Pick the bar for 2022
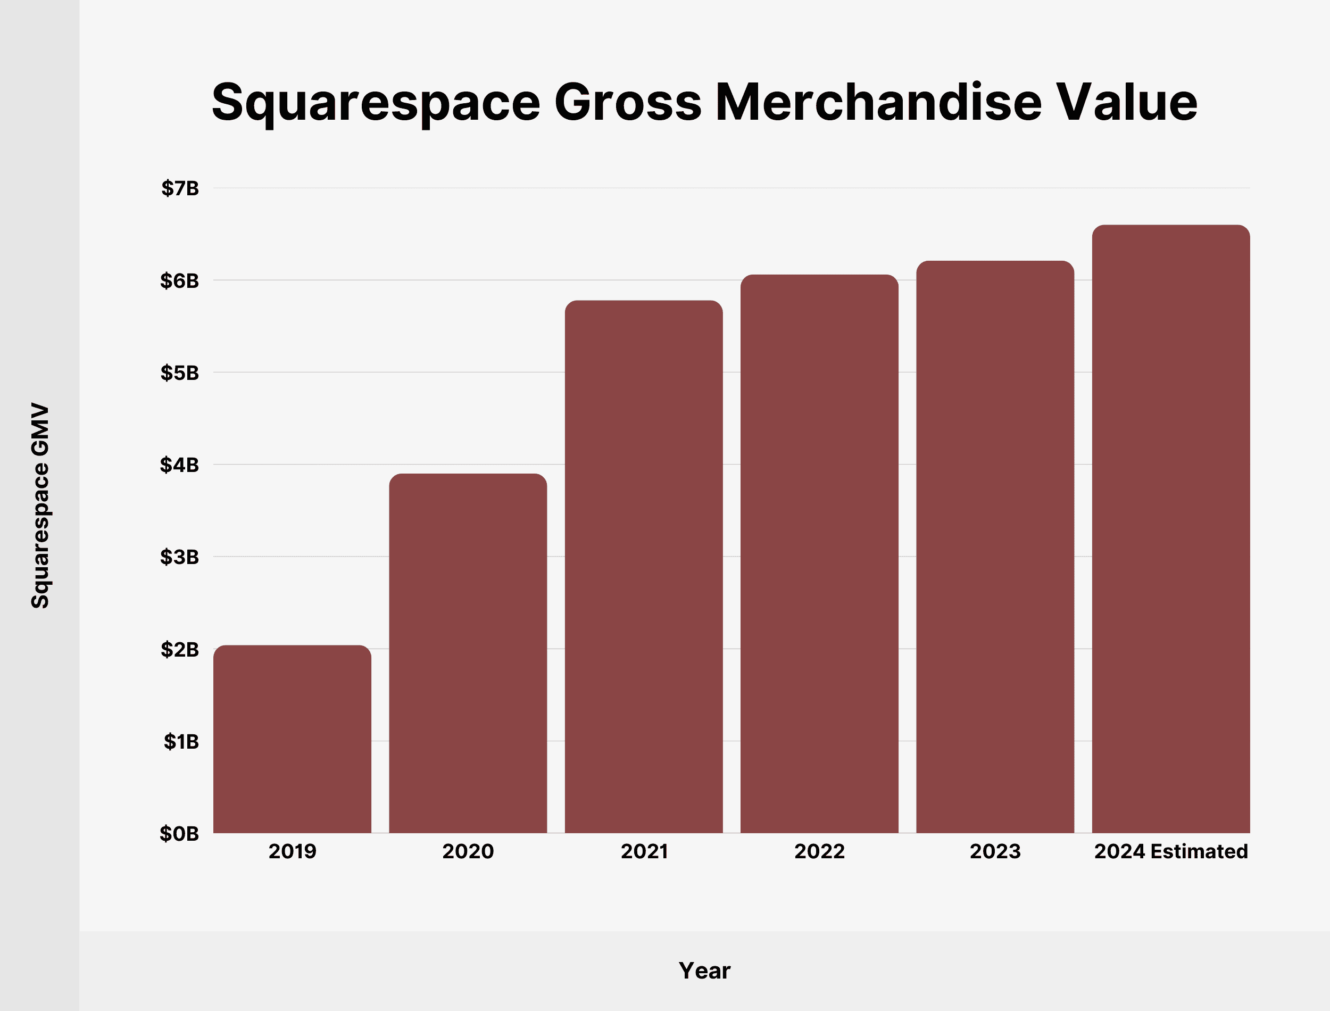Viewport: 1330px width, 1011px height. click(x=819, y=553)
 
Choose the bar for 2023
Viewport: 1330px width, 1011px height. click(x=995, y=547)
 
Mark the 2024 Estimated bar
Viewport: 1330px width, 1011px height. click(x=1170, y=529)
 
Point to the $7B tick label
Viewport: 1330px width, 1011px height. click(x=180, y=188)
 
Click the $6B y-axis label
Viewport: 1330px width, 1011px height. click(x=179, y=280)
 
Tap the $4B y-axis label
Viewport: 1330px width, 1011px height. click(x=179, y=465)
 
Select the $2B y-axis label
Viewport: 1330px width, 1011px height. click(x=179, y=649)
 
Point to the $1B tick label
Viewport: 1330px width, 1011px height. click(x=181, y=741)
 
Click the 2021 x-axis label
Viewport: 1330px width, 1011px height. click(x=644, y=851)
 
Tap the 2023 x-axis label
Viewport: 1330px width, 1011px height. click(x=995, y=851)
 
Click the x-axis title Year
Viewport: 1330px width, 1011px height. click(x=704, y=971)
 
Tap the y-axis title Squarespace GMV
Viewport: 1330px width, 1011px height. click(x=40, y=505)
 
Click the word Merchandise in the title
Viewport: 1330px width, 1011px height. click(x=878, y=102)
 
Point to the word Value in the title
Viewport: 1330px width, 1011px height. click(x=1127, y=102)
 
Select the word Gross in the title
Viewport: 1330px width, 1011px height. click(x=627, y=102)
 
